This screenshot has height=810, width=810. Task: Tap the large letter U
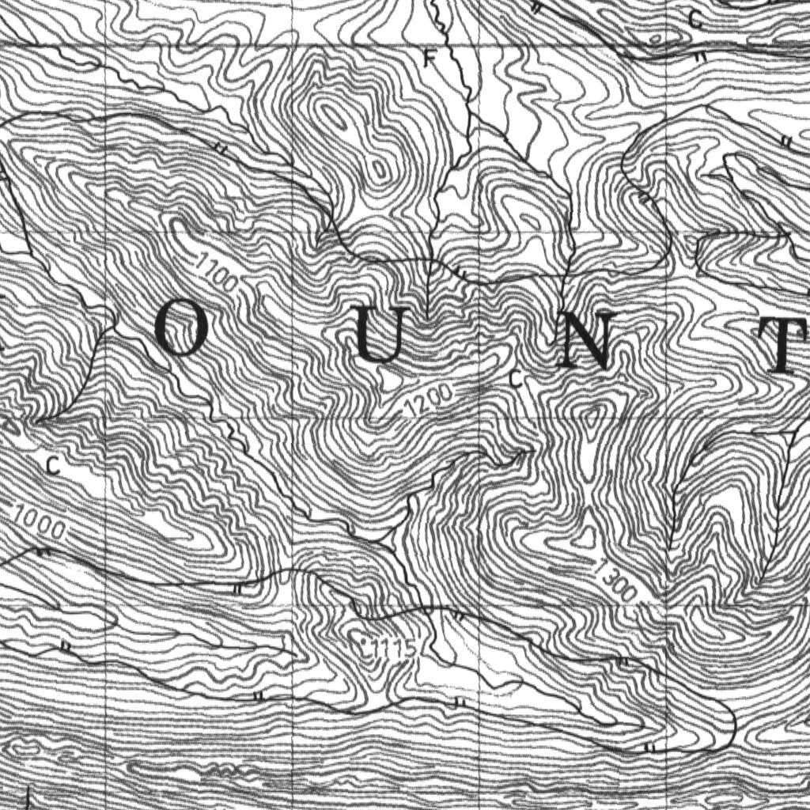(380, 335)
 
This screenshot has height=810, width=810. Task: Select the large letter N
(585, 340)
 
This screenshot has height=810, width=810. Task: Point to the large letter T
(788, 346)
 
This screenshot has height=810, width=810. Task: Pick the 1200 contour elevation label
(430, 399)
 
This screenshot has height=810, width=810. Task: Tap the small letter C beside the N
(517, 380)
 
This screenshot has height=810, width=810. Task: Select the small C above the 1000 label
(53, 465)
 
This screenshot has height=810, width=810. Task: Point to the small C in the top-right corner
(695, 21)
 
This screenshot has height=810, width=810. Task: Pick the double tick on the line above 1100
(221, 147)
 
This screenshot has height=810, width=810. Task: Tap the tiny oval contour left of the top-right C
(656, 38)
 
